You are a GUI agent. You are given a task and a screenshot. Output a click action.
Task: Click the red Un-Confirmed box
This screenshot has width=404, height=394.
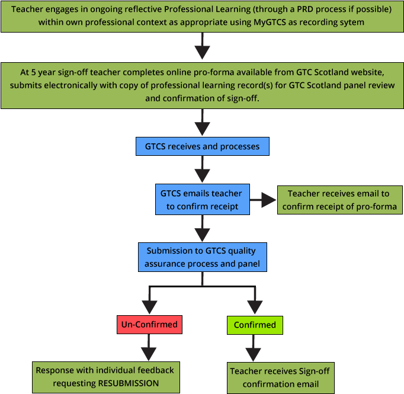(149, 325)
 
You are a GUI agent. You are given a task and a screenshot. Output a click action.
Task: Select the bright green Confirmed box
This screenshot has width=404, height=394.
(255, 325)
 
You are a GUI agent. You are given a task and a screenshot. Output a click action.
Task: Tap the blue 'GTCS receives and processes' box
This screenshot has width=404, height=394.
(203, 145)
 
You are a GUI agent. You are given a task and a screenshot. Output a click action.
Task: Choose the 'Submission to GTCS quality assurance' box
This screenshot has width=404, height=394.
(203, 257)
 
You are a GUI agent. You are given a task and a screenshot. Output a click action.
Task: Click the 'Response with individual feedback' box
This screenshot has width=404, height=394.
(105, 376)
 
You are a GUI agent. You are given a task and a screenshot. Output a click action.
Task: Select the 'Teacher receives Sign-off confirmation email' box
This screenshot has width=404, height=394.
(280, 377)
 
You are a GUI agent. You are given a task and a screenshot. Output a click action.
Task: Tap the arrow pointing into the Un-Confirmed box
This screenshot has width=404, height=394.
(149, 300)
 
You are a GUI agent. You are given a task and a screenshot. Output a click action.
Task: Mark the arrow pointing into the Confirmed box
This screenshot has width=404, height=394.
(255, 300)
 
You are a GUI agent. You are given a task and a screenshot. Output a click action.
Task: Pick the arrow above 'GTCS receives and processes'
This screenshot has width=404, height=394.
(203, 123)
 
